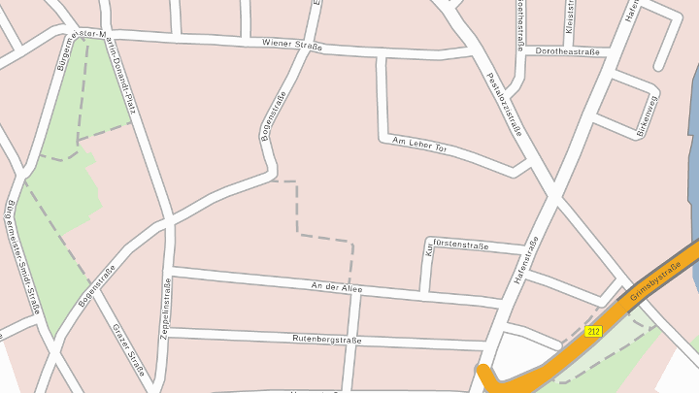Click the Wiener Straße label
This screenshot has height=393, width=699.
291,44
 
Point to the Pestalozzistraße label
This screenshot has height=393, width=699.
505,104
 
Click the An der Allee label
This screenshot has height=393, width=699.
336,287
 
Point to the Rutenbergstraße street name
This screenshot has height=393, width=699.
327,340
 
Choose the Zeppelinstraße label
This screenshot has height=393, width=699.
166,308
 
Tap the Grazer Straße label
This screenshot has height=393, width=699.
129,349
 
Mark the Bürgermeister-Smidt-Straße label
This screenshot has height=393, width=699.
22,256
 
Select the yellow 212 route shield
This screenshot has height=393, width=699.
594,331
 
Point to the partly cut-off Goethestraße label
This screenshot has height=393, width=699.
521,24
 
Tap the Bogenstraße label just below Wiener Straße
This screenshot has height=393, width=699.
273,116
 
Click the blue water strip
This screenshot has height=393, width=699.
695,146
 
